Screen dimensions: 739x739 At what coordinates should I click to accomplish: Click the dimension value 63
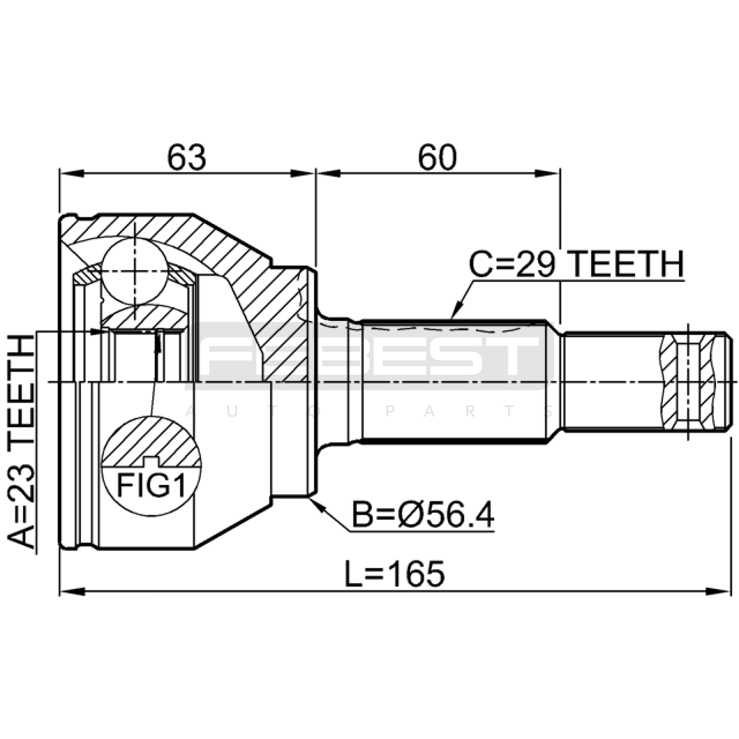click(x=187, y=157)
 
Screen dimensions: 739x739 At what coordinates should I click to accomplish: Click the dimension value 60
click(x=437, y=157)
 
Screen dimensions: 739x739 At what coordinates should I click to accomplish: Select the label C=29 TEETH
click(x=576, y=264)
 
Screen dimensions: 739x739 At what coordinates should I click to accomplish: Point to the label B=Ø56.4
click(x=423, y=516)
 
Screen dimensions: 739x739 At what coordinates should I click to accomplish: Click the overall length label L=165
click(x=395, y=574)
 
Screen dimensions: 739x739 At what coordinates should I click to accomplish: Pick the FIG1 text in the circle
click(x=151, y=485)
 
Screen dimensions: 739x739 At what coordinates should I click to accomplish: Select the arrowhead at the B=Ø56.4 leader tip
click(x=317, y=503)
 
